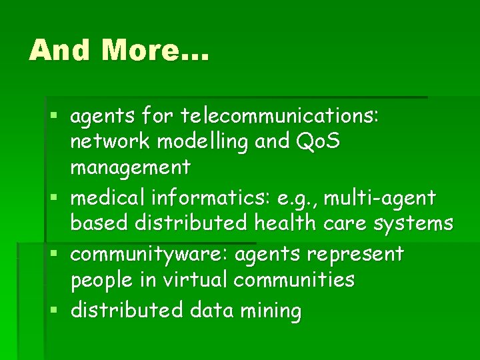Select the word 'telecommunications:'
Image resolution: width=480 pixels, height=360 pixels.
(280, 117)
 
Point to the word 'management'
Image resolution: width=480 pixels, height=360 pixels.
(131, 167)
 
